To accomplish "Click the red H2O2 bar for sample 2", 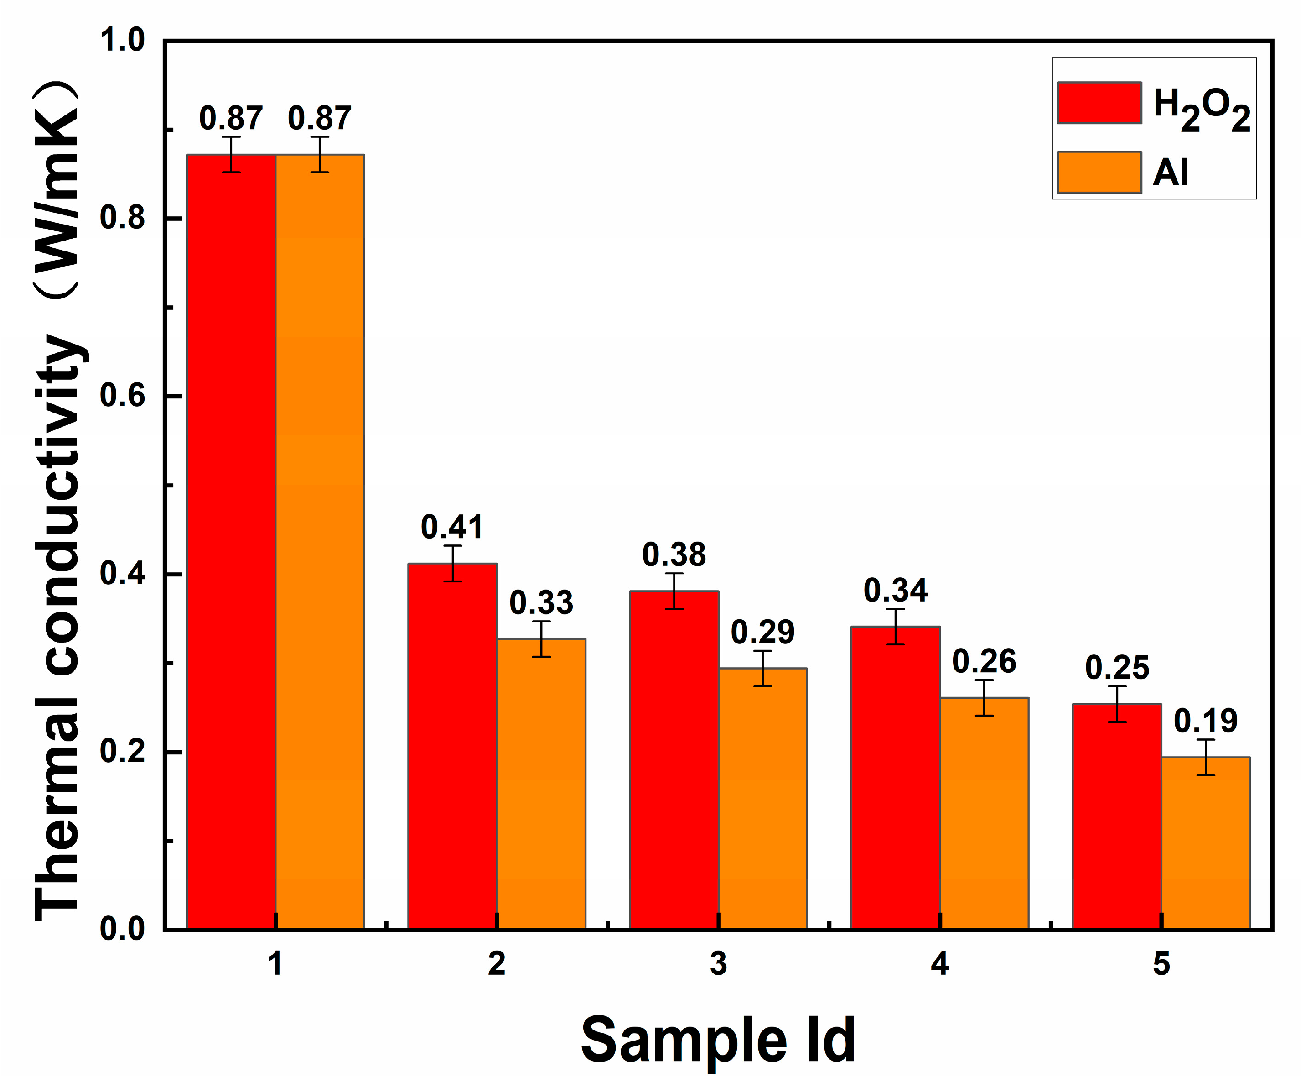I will pyautogui.click(x=452, y=744).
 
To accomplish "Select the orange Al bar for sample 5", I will pyautogui.click(x=1206, y=843).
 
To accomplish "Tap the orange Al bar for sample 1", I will pyautogui.click(x=320, y=539).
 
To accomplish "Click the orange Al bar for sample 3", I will pyautogui.click(x=762, y=800).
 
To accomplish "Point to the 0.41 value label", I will pyautogui.click(x=452, y=527).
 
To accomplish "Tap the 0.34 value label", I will pyautogui.click(x=895, y=590).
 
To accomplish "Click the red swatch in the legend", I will pyautogui.click(x=1099, y=103).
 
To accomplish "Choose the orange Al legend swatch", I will pyautogui.click(x=1099, y=173).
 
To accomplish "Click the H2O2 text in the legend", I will pyautogui.click(x=1201, y=109).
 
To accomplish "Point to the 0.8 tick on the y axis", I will pyautogui.click(x=122, y=218).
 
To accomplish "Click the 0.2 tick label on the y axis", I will pyautogui.click(x=122, y=751).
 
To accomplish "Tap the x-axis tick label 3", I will pyautogui.click(x=718, y=964).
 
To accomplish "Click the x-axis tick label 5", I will pyautogui.click(x=1161, y=964).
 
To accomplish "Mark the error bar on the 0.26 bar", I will pyautogui.click(x=984, y=698).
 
